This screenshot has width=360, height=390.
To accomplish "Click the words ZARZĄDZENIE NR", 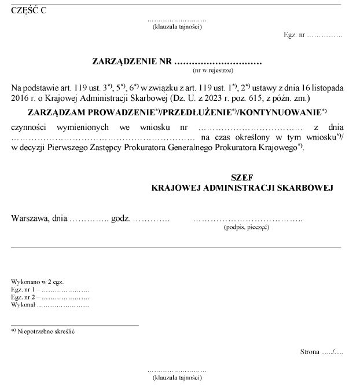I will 132,61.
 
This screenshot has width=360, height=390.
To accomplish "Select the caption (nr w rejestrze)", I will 212,70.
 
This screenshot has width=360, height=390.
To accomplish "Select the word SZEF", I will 242,177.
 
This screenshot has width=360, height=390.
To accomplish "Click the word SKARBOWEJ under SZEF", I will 304,188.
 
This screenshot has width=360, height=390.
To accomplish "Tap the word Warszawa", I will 30,219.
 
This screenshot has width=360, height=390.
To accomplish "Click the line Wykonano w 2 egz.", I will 37,282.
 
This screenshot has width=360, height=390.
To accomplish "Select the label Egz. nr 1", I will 23,289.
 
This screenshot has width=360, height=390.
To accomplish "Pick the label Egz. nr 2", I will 23,296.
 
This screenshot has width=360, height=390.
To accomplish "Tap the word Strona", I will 310,351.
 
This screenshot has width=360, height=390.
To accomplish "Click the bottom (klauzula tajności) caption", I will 177,378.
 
